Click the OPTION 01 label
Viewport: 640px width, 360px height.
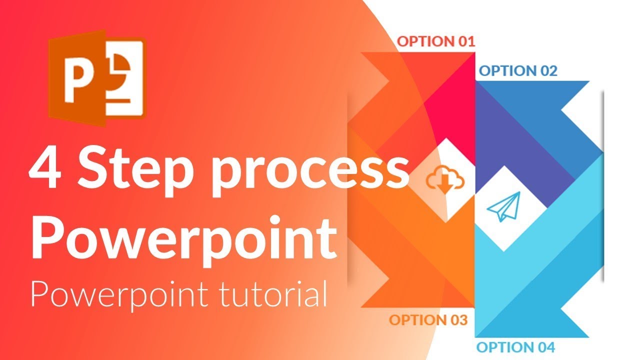pyautogui.click(x=435, y=41)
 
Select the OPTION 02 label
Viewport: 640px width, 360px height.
pyautogui.click(x=518, y=71)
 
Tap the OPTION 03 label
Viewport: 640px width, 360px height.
pyautogui.click(x=428, y=320)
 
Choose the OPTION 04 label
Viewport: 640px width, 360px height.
pyautogui.click(x=515, y=346)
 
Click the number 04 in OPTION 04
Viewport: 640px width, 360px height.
pyautogui.click(x=545, y=346)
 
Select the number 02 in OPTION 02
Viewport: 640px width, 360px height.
pyautogui.click(x=547, y=71)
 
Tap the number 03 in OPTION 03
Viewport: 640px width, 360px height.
pyautogui.click(x=458, y=320)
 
